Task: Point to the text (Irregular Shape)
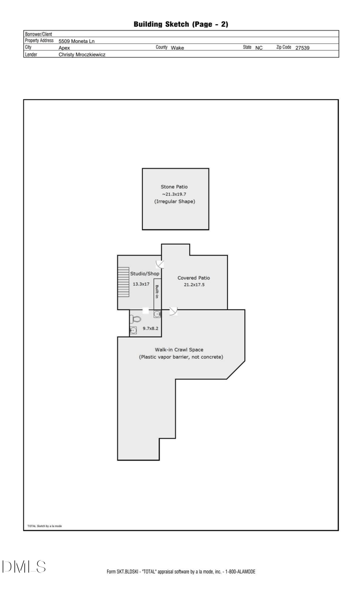coord(175,201)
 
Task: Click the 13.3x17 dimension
coord(141,284)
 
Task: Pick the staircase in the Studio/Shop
coord(123,281)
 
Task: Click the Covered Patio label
coord(193,278)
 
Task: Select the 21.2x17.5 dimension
coord(193,285)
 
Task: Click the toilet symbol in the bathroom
coord(135,319)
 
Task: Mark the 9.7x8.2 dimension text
coord(150,329)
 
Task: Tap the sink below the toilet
coord(133,331)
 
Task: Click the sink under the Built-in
coord(157,314)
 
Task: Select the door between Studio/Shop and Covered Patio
coord(160,264)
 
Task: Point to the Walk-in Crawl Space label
coord(181,349)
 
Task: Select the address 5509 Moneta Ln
coord(76,41)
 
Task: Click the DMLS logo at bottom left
coord(24,567)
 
